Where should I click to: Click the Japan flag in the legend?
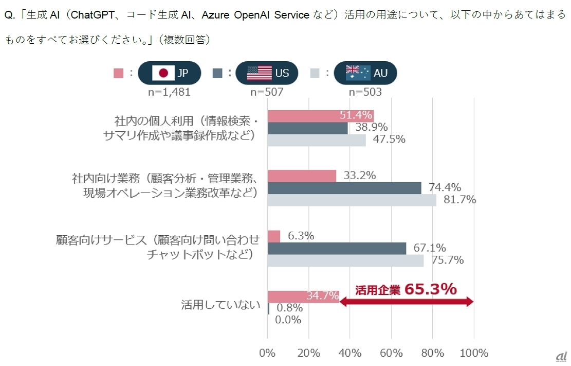click(163, 73)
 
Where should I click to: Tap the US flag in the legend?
click(259, 73)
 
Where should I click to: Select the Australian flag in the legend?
click(358, 73)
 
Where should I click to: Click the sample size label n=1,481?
click(170, 92)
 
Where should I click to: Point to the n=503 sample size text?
click(365, 92)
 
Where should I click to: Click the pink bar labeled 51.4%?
click(320, 116)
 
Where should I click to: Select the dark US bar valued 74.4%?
click(344, 188)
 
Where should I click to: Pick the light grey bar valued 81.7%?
click(352, 200)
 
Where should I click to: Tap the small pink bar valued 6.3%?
click(274, 236)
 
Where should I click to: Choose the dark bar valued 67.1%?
click(337, 248)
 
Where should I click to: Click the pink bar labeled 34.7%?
click(303, 296)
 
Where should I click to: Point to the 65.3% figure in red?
click(430, 289)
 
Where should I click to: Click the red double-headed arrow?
click(406, 303)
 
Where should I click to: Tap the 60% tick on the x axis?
click(391, 353)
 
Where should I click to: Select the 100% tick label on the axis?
click(473, 353)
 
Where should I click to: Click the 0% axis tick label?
click(267, 353)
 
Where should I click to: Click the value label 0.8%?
click(289, 308)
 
